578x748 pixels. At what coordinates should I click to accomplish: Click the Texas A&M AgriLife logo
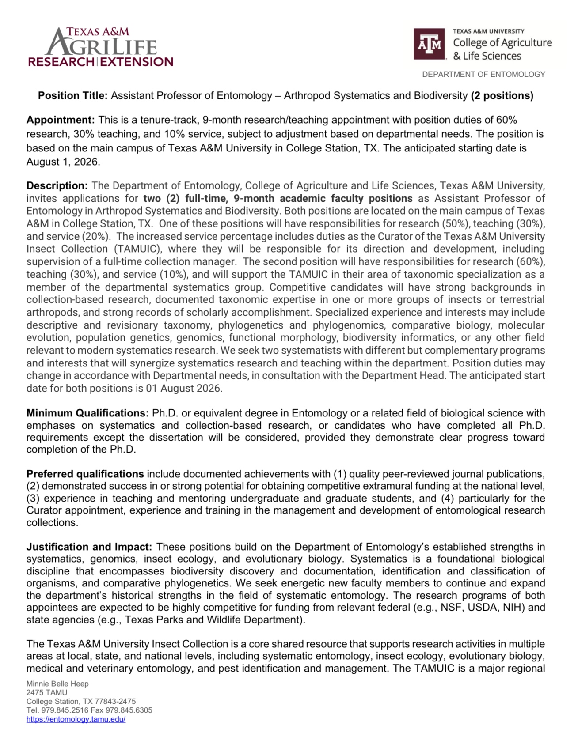point(101,47)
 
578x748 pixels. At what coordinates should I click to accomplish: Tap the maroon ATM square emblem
point(430,44)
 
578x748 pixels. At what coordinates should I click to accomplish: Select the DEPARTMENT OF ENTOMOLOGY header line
point(483,75)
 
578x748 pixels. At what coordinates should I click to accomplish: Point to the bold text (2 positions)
point(502,96)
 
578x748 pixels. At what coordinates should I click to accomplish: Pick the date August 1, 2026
point(63,162)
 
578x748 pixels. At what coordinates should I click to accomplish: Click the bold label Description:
point(57,186)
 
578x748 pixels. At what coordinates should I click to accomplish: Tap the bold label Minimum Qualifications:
point(87,413)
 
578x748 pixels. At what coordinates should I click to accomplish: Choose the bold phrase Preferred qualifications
point(85,474)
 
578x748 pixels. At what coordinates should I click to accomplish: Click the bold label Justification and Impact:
point(89,547)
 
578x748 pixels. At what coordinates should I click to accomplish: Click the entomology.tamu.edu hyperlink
point(76,719)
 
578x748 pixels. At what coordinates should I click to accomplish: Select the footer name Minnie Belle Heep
point(57,684)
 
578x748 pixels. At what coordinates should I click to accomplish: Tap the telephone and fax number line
point(89,710)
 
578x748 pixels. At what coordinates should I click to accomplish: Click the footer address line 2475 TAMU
point(47,693)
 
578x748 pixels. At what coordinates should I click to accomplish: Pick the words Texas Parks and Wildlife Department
point(214,620)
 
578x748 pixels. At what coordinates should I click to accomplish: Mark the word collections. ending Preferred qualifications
point(52,523)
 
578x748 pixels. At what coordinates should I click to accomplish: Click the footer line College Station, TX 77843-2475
point(81,702)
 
